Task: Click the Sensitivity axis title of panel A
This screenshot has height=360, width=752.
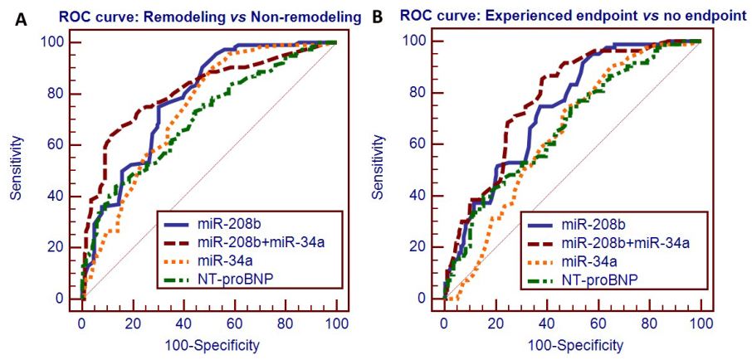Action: (16, 169)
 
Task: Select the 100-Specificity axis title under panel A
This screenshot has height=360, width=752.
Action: (208, 343)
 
